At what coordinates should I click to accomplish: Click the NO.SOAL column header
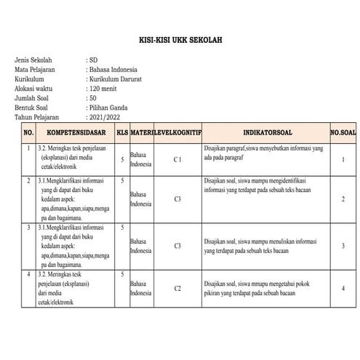343,134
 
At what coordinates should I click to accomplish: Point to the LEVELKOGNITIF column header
177,134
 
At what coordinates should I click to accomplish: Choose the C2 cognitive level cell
177,289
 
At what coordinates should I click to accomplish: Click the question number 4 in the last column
343,289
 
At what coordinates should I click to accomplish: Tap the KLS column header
122,134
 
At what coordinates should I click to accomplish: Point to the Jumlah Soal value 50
92,96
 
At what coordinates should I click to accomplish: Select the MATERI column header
141,134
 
